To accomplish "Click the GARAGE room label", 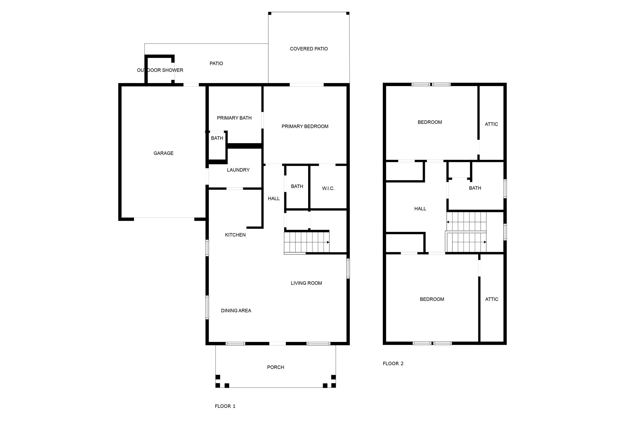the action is [163, 153].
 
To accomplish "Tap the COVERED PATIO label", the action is [309, 49].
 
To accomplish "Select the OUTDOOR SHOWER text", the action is [160, 70].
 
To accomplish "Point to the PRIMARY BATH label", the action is [234, 118].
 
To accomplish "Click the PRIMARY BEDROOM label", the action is [305, 126].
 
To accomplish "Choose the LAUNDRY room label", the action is [238, 170].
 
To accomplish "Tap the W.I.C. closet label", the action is [328, 189].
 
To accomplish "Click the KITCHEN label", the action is [235, 235].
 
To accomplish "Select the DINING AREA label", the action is [236, 311].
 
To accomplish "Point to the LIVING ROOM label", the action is [306, 283].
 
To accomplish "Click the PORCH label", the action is [276, 367].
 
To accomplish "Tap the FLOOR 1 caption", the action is [225, 406].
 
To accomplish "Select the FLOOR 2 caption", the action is [393, 363].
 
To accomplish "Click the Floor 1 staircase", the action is [307, 242].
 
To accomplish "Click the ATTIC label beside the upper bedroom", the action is [491, 124].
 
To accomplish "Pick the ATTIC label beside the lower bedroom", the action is [492, 299].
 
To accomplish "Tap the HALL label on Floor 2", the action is [420, 209].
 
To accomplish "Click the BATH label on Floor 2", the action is [475, 188].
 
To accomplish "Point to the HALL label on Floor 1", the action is [274, 199].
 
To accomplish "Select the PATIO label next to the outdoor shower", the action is [216, 63].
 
